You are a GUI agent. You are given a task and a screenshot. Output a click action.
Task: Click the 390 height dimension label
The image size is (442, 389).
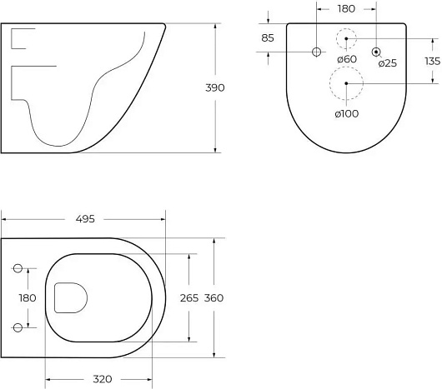215,87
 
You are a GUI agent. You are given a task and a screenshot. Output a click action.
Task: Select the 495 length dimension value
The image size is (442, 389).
85,219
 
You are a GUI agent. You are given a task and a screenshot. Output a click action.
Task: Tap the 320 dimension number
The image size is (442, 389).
103,379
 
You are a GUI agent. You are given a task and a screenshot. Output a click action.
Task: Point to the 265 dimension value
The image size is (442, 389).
189,298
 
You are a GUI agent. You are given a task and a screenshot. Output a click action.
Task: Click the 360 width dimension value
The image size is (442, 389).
213,298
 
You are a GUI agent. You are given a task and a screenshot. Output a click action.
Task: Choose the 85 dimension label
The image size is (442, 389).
268,37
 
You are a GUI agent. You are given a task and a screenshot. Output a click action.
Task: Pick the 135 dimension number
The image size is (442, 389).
433,61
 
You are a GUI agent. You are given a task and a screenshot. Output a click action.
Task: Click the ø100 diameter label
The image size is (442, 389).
347,114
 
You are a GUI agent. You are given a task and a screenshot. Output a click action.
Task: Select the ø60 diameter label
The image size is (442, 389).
347,59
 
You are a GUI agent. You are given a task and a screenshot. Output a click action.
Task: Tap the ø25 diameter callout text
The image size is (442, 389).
388,63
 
